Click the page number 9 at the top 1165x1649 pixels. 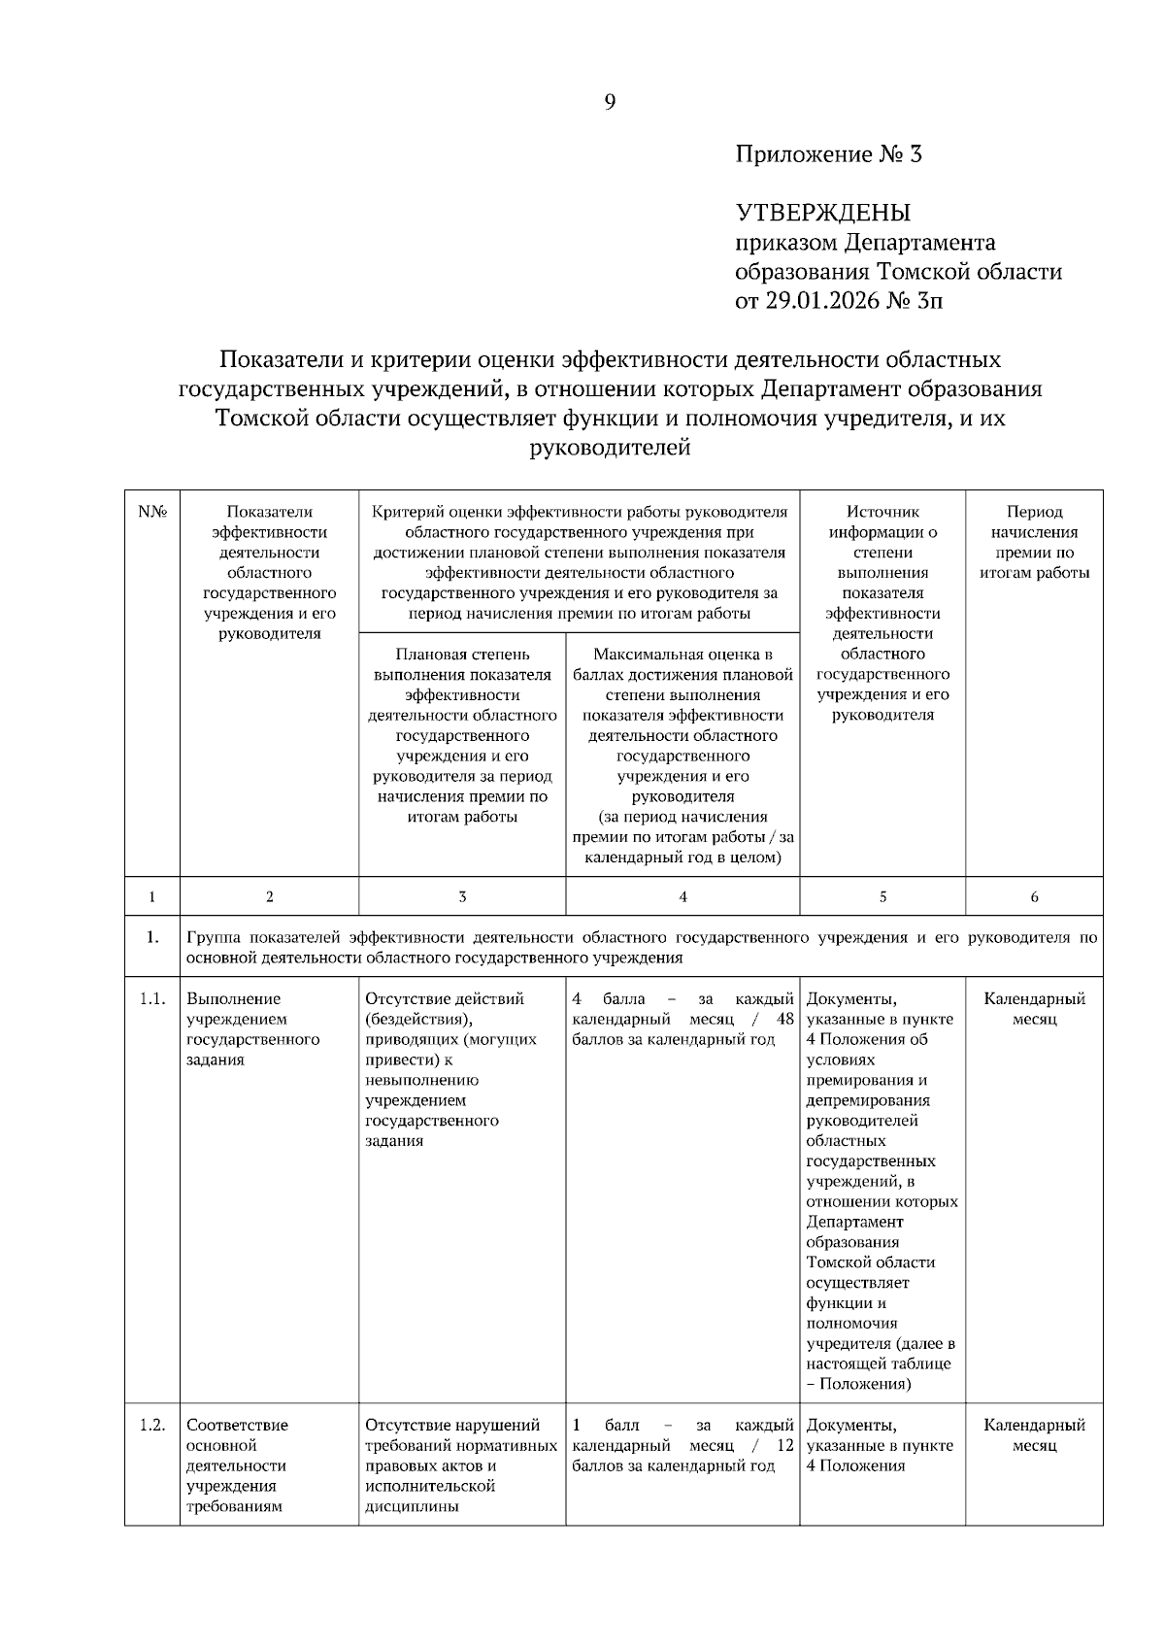[610, 102]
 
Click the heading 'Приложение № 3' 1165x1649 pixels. [828, 154]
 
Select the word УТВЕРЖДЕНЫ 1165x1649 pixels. [823, 213]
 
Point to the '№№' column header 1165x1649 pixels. [152, 512]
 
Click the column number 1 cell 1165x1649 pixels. [152, 897]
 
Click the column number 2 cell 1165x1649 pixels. [270, 897]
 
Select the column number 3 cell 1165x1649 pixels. [462, 897]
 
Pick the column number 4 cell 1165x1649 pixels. [683, 897]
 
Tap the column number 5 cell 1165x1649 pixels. [882, 897]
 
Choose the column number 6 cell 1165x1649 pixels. [1034, 897]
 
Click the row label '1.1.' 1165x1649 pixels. [152, 999]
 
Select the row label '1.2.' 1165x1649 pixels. [152, 1426]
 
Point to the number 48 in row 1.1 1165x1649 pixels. [784, 1020]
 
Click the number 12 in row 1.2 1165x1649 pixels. [784, 1446]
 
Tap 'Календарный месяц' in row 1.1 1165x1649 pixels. [1034, 1009]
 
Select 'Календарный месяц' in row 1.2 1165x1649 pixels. [1034, 1435]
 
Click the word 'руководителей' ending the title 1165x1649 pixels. [610, 449]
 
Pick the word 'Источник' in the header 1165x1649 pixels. [882, 512]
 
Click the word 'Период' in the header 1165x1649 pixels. [1034, 512]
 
